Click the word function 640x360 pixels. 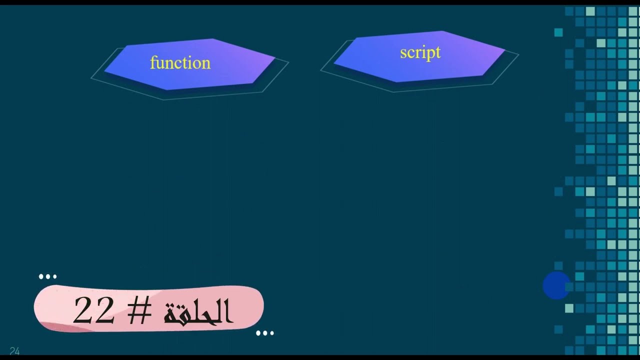click(180, 63)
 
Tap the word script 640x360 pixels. click(420, 52)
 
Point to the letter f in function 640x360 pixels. click(153, 62)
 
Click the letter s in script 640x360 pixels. click(403, 53)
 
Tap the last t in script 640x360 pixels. click(437, 52)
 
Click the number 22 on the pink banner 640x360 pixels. click(93, 310)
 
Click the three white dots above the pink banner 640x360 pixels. click(47, 276)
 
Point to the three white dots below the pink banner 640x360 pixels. click(264, 333)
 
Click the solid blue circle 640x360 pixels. click(556, 286)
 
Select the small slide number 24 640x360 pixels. click(14, 351)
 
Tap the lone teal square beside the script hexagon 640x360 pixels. click(558, 32)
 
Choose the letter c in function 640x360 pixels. click(176, 64)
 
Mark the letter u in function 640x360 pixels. click(160, 63)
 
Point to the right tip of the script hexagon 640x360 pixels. click(504, 50)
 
